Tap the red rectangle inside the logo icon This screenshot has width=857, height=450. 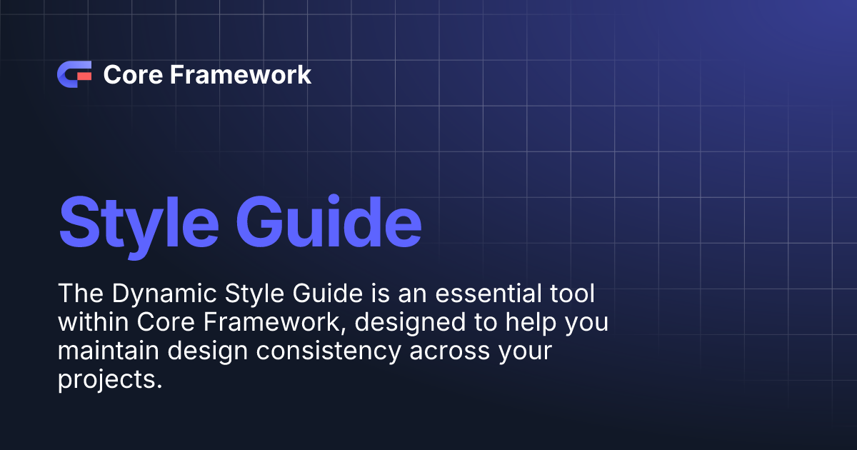pyautogui.click(x=84, y=76)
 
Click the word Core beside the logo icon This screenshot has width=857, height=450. pyautogui.click(x=133, y=74)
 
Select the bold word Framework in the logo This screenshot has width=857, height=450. pyautogui.click(x=241, y=74)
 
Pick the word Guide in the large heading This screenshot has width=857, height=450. pyautogui.click(x=329, y=221)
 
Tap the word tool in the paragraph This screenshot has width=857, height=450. pyautogui.click(x=572, y=294)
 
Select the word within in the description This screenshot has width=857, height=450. pyautogui.click(x=93, y=322)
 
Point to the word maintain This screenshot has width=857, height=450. pyautogui.click(x=109, y=351)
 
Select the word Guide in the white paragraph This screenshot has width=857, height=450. pyautogui.click(x=328, y=294)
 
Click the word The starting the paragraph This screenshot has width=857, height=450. pyautogui.click(x=81, y=294)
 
